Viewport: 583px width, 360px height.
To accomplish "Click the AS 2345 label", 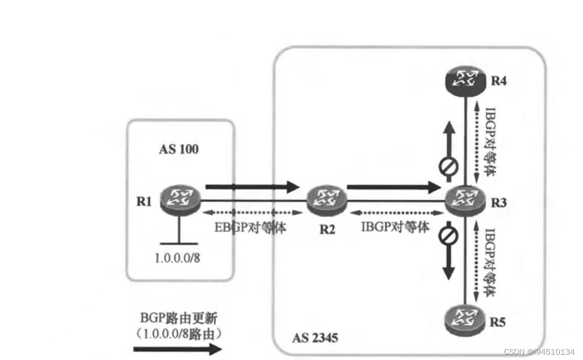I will click(315, 338).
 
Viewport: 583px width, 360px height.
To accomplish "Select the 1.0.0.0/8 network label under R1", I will click(177, 258).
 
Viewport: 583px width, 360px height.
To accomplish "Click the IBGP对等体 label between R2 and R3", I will click(396, 226).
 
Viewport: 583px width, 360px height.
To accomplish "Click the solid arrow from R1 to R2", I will click(252, 188).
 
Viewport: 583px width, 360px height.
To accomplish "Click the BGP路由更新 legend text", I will click(178, 318).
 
